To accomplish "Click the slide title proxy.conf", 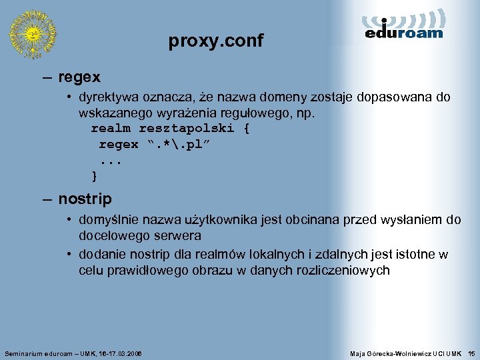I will click(x=216, y=41).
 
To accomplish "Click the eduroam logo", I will click(x=404, y=26).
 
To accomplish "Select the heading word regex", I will click(x=79, y=77).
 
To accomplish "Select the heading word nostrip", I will click(x=85, y=199).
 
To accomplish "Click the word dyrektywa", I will click(x=109, y=97).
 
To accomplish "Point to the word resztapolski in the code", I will click(x=186, y=128).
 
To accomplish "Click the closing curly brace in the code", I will click(x=95, y=176).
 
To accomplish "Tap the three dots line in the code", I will click(x=111, y=161).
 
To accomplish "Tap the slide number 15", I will click(x=471, y=352).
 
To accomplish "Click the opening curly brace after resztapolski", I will click(x=247, y=128).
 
